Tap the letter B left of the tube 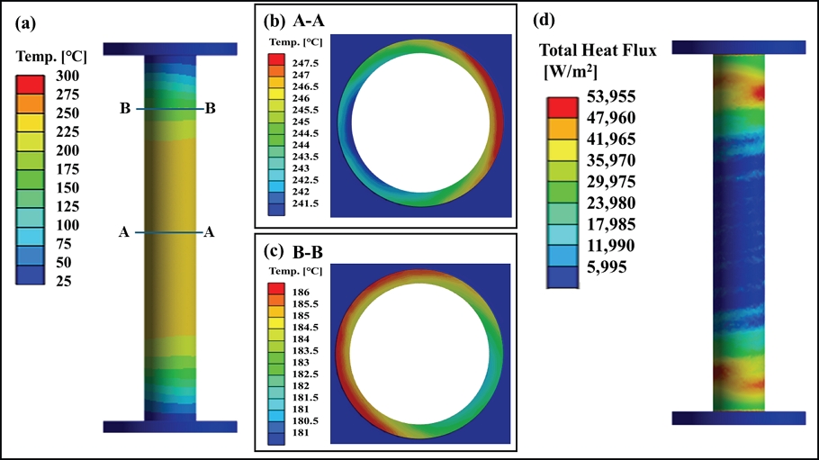coord(125,109)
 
